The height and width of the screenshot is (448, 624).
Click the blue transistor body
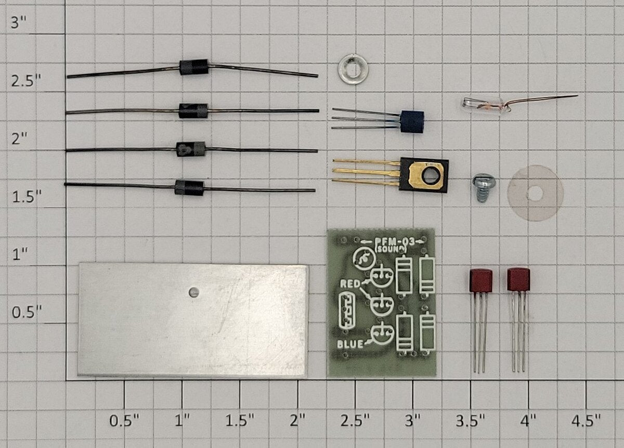click(x=412, y=122)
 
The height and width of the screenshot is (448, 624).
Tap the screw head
click(x=484, y=181)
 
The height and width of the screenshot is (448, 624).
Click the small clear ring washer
click(x=353, y=69)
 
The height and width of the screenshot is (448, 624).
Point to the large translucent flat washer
click(x=535, y=193)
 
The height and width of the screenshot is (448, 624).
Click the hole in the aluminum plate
click(x=193, y=292)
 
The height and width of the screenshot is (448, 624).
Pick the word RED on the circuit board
click(x=350, y=284)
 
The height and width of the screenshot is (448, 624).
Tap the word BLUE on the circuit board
click(x=350, y=344)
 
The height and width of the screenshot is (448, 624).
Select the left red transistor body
click(x=481, y=280)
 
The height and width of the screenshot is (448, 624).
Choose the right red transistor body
click(x=518, y=279)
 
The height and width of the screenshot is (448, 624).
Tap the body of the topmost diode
click(x=193, y=67)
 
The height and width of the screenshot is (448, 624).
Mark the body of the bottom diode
click(x=189, y=188)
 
